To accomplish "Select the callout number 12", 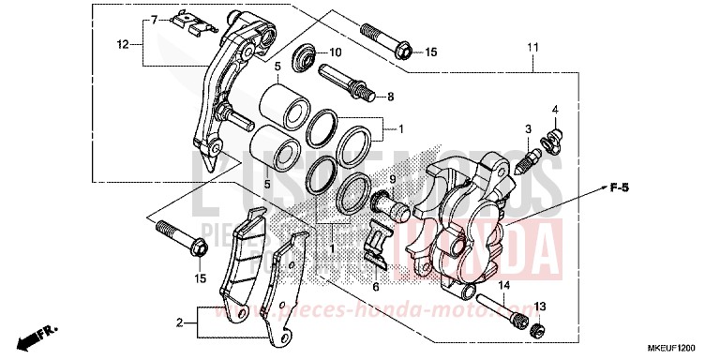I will click(122, 44).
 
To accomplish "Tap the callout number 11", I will click(532, 47).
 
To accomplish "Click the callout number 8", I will click(391, 96).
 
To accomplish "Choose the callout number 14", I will click(503, 286).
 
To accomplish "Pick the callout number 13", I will click(540, 307).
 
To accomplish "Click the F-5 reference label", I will click(618, 189).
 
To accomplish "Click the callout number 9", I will click(367, 178).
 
